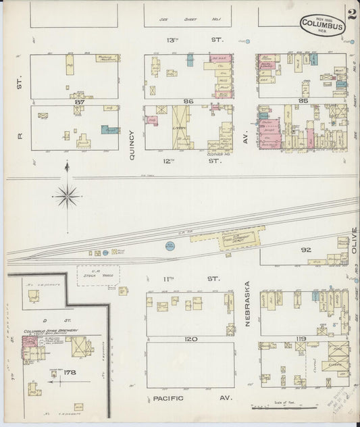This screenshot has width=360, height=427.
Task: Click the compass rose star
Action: point(67,196)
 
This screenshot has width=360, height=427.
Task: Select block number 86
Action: point(188,101)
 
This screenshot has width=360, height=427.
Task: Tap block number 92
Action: point(305,249)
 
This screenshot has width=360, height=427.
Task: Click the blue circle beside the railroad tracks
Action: point(168,247)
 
